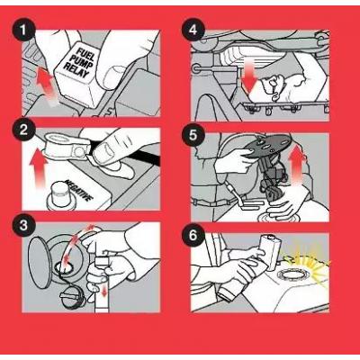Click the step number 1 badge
pos(23,31)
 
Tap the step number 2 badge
pos(23,130)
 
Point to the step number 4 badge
pos(193,31)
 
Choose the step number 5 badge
pos(193,136)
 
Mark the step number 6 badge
pos(193,236)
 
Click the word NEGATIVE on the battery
pos(78,191)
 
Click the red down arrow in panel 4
pos(249,76)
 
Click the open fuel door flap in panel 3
pos(38,263)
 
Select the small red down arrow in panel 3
pos(103,291)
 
